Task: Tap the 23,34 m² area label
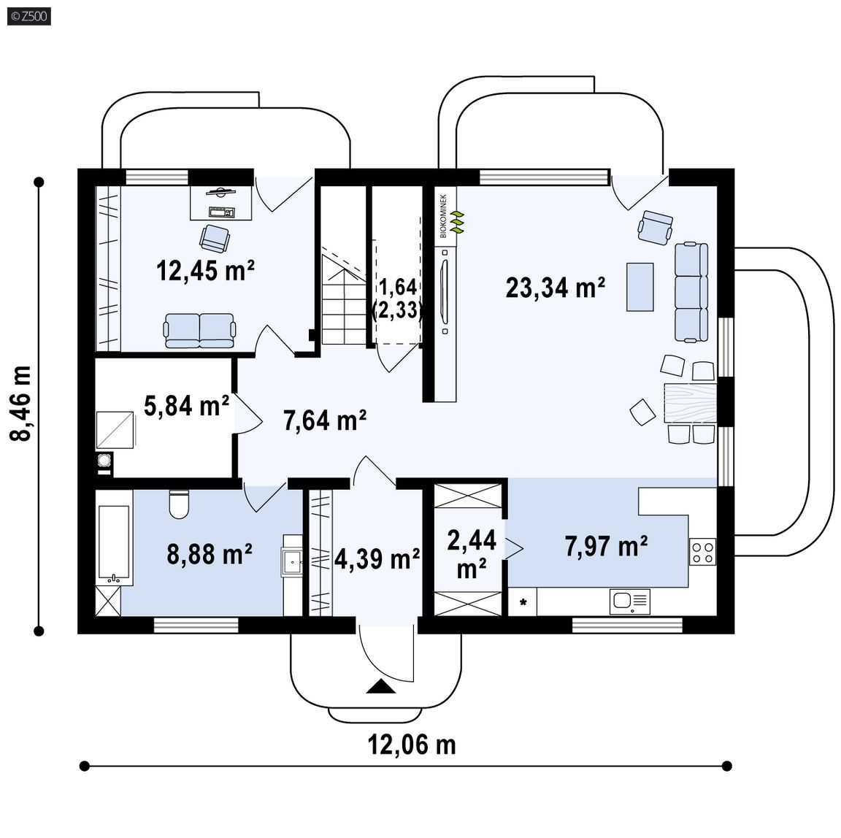pos(555,287)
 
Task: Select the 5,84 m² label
pos(186,405)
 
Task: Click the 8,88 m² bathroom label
pos(210,553)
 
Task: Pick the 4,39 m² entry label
pos(377,558)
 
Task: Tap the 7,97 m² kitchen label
pos(606,546)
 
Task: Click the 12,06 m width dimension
pos(412,745)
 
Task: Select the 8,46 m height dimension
pos(22,403)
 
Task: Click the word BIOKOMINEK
pos(443,217)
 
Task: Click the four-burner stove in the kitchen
pos(702,552)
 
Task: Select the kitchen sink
pos(630,601)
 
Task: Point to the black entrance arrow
pos(381,686)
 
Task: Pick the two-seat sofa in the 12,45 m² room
pos(199,331)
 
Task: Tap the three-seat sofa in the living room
pos(691,292)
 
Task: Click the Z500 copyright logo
pos(29,16)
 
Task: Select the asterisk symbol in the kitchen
pos(523,602)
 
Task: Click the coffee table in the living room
pos(640,287)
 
